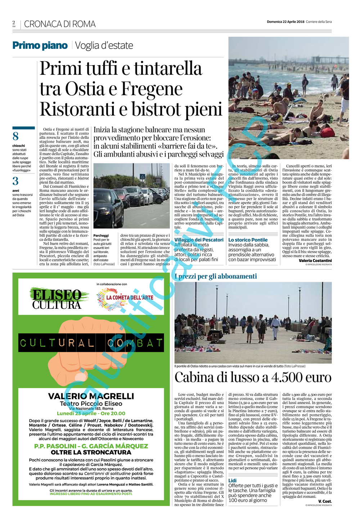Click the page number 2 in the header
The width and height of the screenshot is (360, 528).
point(14,22)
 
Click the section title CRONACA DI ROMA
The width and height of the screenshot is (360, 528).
point(60,24)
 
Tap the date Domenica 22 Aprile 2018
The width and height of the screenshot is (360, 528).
point(285,22)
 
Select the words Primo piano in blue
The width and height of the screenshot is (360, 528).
point(40,46)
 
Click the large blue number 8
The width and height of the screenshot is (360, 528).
point(15,136)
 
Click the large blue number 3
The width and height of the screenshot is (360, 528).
point(15,181)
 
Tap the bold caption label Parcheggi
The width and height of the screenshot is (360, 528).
point(101,235)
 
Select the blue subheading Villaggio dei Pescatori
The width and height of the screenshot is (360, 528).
point(199,240)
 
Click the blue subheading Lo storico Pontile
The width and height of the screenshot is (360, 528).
point(248,240)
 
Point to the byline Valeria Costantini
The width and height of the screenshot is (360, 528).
point(315,260)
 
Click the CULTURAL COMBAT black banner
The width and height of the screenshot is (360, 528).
point(91,343)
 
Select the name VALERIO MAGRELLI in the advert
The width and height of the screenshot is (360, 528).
point(91,396)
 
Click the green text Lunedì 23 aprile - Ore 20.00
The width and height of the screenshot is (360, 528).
point(91,414)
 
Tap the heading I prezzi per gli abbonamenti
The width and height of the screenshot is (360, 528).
point(216,276)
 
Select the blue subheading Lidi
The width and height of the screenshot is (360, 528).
point(232,480)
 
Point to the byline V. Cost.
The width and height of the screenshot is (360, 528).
point(325,501)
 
